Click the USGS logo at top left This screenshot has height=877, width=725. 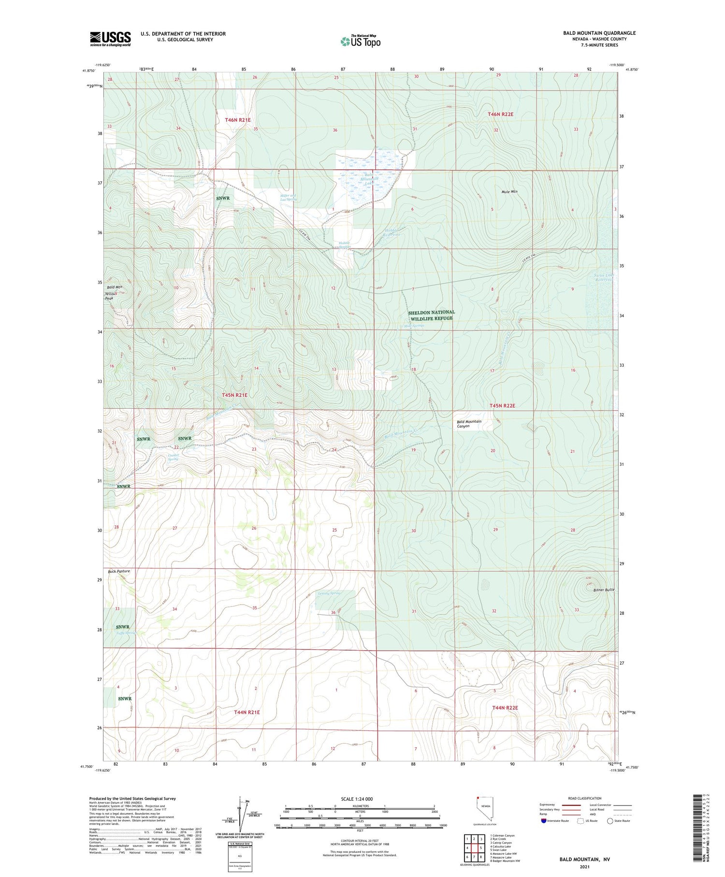coord(110,39)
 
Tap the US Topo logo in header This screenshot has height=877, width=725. coord(360,42)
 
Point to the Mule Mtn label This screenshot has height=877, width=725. coord(509,192)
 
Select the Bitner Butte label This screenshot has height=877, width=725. coord(603,590)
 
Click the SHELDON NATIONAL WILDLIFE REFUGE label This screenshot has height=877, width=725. coord(431,315)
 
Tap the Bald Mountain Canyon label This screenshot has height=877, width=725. coord(469,424)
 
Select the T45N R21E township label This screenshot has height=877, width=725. coord(234,395)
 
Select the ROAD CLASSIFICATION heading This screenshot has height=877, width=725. coord(585,798)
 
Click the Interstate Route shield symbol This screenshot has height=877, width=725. coord(545,821)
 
